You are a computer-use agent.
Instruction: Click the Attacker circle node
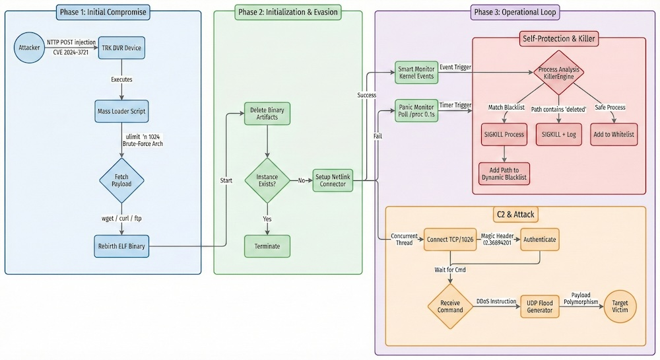pos(30,48)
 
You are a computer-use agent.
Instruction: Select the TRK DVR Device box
pos(121,48)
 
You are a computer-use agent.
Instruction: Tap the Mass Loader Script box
pos(121,111)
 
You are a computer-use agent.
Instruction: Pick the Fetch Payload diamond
pos(121,180)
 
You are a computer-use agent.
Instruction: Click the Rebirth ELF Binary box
pos(121,246)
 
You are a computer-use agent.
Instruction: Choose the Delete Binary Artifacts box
pos(267,113)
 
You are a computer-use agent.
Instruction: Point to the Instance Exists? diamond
pos(267,180)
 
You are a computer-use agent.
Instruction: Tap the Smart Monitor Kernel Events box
pos(415,73)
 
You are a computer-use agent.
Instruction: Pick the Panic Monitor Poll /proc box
pos(415,109)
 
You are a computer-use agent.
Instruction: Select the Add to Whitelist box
pos(613,134)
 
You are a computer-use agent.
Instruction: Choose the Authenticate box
pos(540,239)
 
